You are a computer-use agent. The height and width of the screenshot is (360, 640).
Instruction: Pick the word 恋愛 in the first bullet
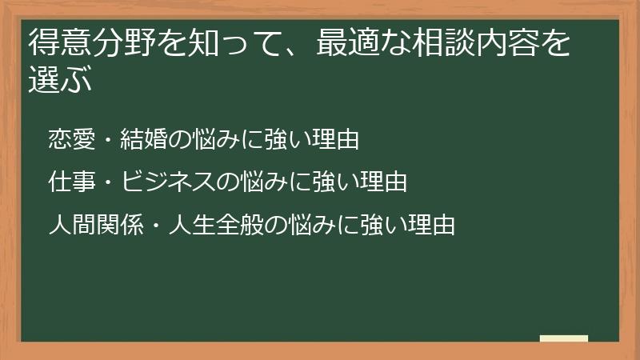(x=70, y=140)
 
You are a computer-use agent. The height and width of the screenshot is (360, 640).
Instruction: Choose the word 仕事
(x=70, y=182)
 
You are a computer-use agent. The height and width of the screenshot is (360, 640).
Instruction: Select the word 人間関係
(x=94, y=225)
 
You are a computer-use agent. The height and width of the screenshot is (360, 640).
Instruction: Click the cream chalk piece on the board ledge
(x=564, y=338)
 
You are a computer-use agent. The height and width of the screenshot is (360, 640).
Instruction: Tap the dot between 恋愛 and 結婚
(x=108, y=140)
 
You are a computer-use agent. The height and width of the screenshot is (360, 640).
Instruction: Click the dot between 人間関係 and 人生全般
(x=155, y=225)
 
